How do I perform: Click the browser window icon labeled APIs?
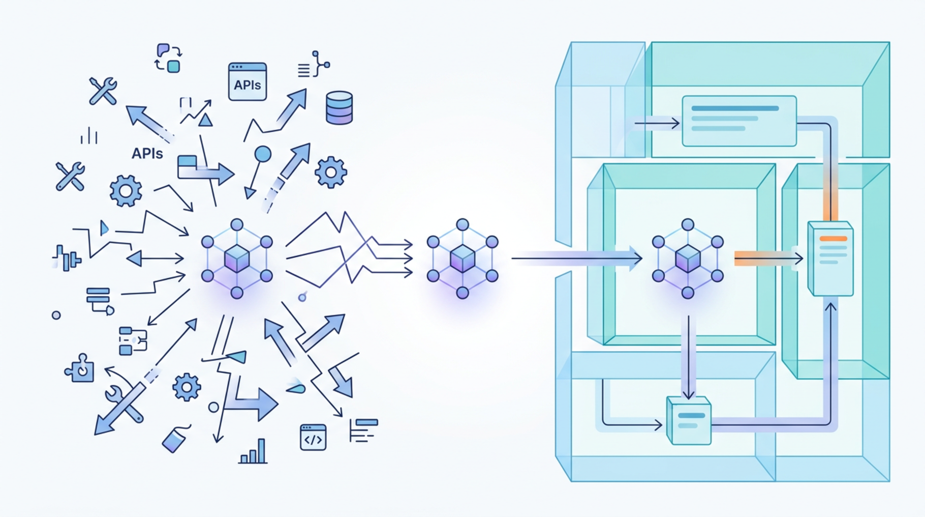tap(248, 81)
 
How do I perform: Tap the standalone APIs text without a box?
tap(147, 154)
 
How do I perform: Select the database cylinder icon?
tap(339, 108)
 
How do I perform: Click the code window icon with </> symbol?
tap(313, 438)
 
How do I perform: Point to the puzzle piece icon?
tap(80, 368)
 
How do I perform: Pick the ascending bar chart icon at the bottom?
tap(253, 452)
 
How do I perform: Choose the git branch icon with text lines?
tap(314, 65)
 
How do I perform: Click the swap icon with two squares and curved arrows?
tap(168, 58)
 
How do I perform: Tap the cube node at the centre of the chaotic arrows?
tap(237, 258)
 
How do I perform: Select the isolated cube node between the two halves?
tap(462, 258)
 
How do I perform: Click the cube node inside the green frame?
tap(688, 258)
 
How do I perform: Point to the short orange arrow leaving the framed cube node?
tap(767, 259)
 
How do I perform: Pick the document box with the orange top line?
tap(830, 258)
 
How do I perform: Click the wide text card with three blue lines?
tap(739, 121)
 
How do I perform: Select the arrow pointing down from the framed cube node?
tap(688, 356)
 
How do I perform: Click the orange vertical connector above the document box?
tap(830, 193)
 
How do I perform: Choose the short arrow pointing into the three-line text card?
tap(657, 123)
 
